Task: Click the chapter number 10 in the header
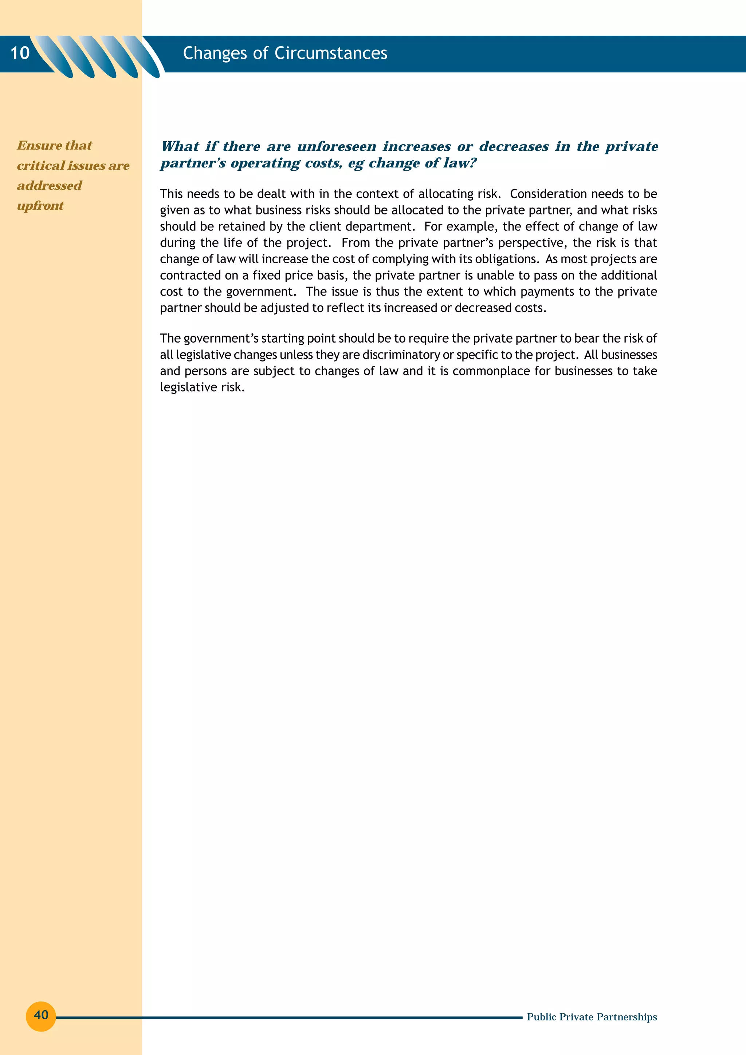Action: (x=20, y=53)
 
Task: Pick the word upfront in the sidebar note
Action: (x=40, y=206)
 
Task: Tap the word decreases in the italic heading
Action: (x=514, y=147)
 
